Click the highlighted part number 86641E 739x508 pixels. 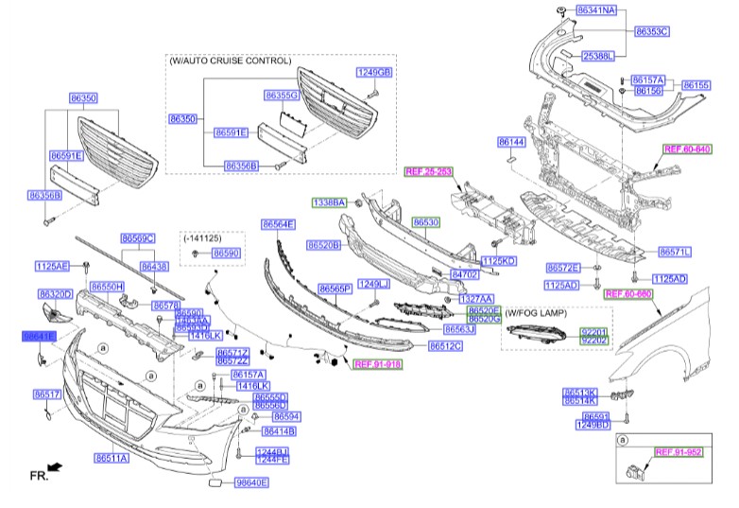[x=40, y=336]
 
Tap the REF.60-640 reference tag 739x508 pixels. [x=687, y=149]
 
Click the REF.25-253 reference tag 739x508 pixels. [x=428, y=171]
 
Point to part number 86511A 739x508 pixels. [x=112, y=458]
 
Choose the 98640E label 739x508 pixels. [x=250, y=482]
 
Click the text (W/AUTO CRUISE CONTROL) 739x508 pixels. [x=230, y=60]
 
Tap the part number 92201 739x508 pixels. [x=594, y=330]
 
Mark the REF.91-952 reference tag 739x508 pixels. [x=679, y=452]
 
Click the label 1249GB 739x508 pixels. [x=374, y=73]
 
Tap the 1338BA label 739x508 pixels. [x=331, y=202]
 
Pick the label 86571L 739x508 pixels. [x=675, y=252]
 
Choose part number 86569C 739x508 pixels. [x=137, y=238]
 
